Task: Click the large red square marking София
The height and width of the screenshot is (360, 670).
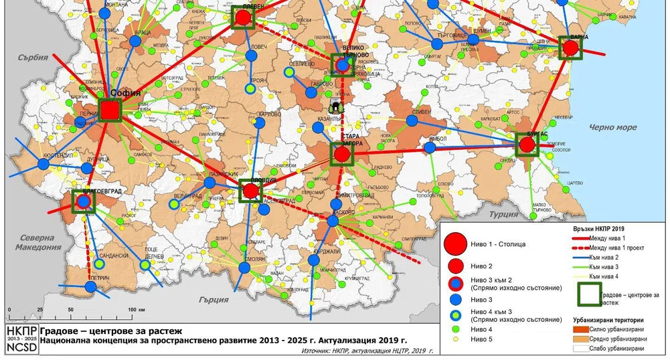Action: (x=110, y=110)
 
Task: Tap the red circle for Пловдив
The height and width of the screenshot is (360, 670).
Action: (x=251, y=191)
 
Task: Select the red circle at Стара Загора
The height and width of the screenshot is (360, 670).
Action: (x=342, y=155)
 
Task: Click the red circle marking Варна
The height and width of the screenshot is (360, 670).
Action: (x=571, y=48)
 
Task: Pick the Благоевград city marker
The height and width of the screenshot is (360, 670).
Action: (x=83, y=201)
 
